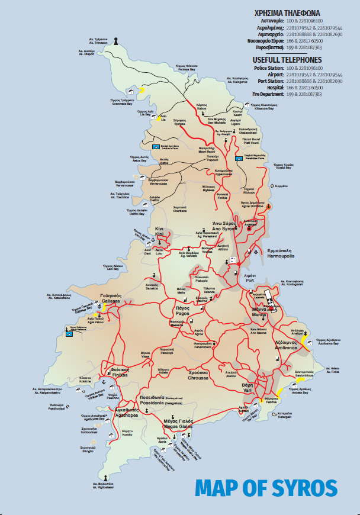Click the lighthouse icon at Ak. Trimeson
117,41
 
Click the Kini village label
159,232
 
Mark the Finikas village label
120,372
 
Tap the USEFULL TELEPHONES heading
287,60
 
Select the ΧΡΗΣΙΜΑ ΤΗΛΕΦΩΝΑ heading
287,12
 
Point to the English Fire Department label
266,94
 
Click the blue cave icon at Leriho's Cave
156,145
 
